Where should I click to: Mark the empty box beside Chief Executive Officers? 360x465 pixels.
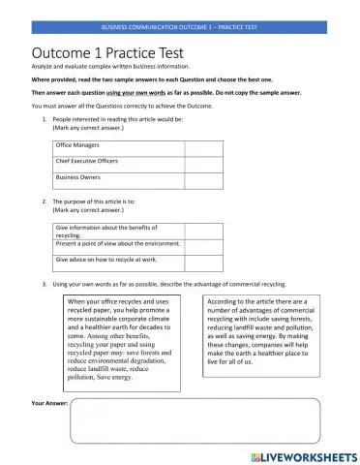[203, 162]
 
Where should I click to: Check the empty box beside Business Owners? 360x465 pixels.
[203, 179]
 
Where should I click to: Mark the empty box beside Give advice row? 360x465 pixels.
[203, 262]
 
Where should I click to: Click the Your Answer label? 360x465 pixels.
[48, 402]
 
